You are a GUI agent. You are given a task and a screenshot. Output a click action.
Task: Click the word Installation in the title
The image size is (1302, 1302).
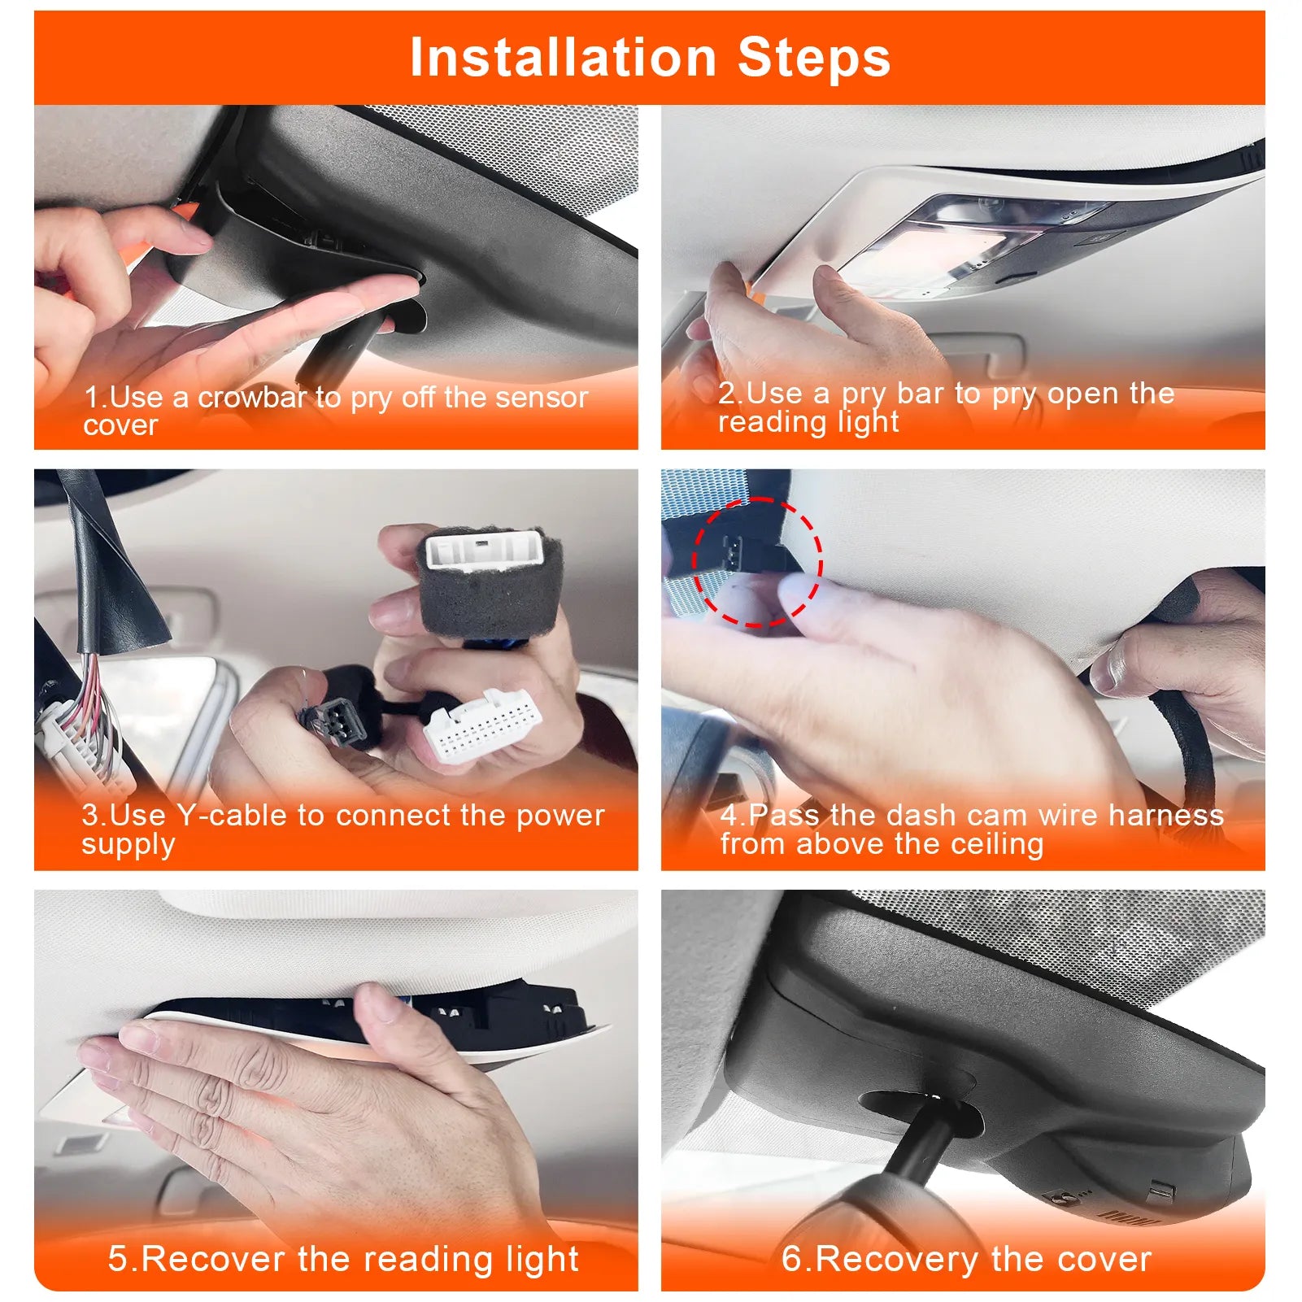click(563, 58)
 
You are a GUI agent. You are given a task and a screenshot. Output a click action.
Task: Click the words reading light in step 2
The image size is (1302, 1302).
click(808, 422)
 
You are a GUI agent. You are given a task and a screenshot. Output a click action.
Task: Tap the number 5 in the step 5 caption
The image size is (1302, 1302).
click(119, 1258)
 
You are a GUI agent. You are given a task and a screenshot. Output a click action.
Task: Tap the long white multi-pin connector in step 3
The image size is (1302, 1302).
click(482, 726)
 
